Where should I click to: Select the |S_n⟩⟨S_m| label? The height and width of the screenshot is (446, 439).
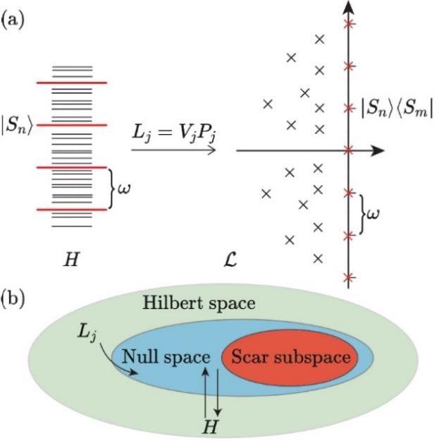coord(396,109)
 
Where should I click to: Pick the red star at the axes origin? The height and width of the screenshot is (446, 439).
coord(347,150)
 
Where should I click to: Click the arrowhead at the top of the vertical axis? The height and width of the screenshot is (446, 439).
coord(347,8)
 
